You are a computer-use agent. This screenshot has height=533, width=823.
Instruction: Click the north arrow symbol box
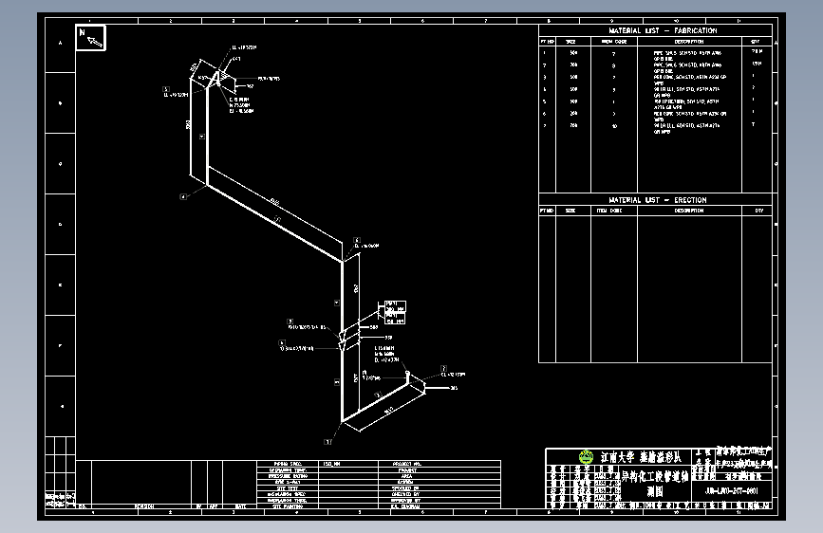[91, 38]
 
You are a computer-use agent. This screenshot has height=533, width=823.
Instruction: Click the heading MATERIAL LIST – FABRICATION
[656, 31]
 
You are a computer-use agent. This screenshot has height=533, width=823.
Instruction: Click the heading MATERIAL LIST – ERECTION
[656, 200]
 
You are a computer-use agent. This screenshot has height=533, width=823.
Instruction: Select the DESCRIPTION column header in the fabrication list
[689, 42]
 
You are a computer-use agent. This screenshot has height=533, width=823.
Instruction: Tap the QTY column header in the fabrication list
[756, 42]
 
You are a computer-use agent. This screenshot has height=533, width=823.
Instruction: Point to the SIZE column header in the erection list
[570, 211]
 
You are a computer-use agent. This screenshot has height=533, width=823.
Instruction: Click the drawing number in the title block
[732, 491]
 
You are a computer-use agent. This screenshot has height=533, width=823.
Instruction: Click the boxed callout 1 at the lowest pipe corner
[327, 441]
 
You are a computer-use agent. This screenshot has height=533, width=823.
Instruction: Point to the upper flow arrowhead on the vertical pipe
[343, 331]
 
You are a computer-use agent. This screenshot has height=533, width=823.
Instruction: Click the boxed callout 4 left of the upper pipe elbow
[183, 196]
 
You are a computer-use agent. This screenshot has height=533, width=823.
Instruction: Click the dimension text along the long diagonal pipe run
[274, 201]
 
